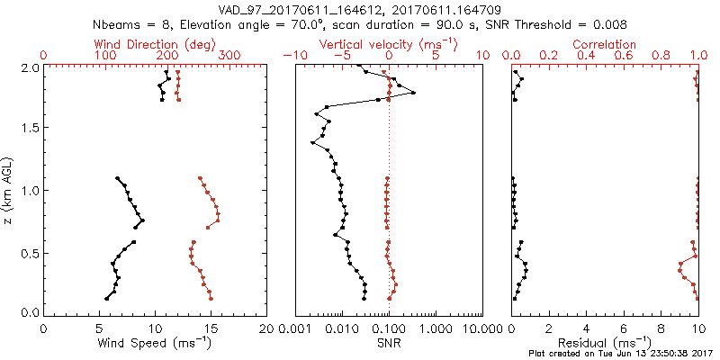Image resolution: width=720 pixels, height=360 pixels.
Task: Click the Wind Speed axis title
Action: tap(155, 344)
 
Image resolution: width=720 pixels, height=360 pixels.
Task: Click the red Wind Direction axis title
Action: tap(154, 44)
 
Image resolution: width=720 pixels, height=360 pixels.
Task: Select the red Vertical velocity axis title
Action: tap(388, 44)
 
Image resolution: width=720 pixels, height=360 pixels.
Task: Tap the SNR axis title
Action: tap(388, 344)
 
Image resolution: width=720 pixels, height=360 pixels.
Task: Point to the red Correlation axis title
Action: tap(605, 44)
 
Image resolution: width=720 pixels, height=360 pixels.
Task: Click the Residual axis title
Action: tap(605, 344)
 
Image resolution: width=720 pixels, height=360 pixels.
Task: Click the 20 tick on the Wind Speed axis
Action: tap(266, 329)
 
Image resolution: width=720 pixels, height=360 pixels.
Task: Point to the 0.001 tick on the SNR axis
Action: tap(295, 329)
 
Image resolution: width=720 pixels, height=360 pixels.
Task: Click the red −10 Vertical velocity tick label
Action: tap(292, 56)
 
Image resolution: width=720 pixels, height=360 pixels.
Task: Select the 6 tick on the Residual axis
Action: tap(624, 329)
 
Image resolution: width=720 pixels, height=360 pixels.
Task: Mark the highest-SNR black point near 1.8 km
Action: tap(413, 93)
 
